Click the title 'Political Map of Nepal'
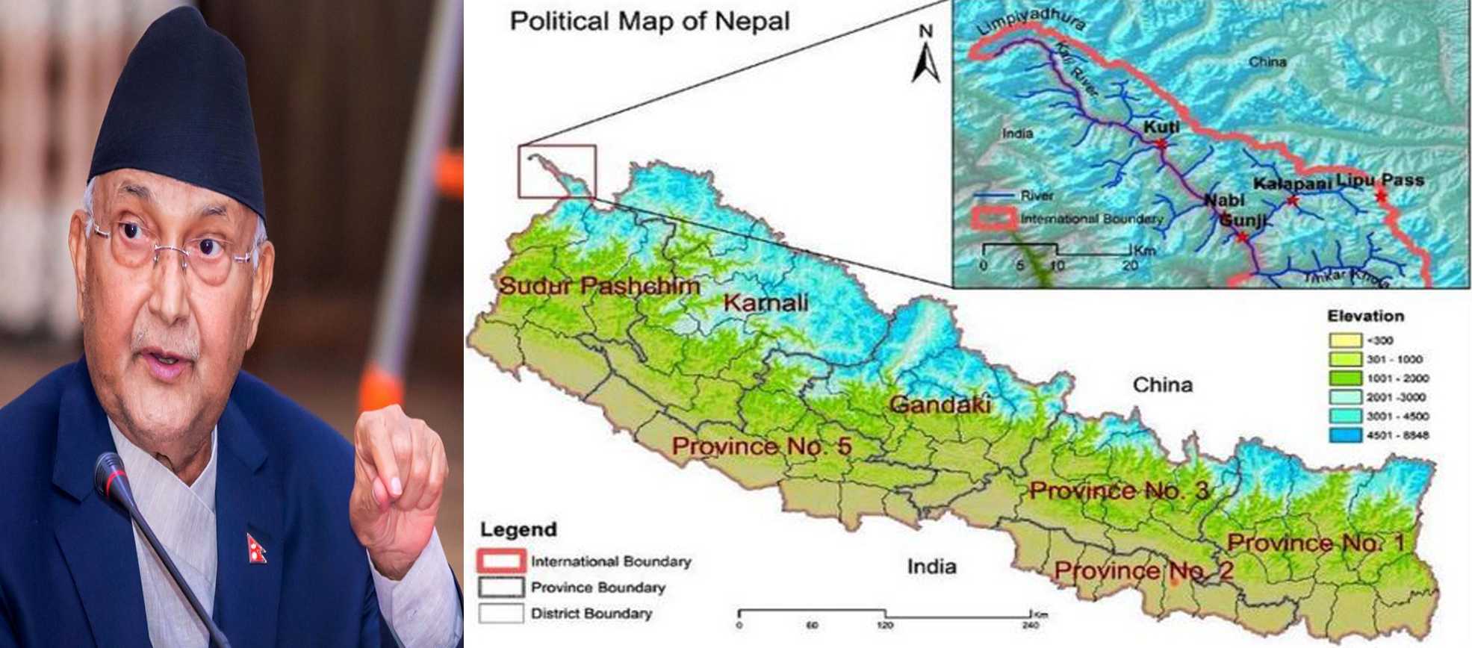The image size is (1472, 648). pos(649,21)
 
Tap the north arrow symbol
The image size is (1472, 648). pos(926,56)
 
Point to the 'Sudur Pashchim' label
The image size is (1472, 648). pos(599,285)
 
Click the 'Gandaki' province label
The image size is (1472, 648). pos(940,405)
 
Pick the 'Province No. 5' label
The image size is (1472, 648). pos(761,446)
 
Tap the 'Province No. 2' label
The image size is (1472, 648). pos(1143,572)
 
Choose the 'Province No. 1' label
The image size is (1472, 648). pos(1316,543)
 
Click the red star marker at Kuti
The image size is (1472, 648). pos(1161,143)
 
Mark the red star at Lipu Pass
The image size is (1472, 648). pos(1380,196)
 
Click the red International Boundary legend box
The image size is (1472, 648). pos(500,561)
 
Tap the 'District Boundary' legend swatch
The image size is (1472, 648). pos(500,614)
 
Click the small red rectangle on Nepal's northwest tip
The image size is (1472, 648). pos(557,172)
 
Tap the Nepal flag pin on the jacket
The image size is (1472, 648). pos(256,548)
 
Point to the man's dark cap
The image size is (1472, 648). pos(179,112)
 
